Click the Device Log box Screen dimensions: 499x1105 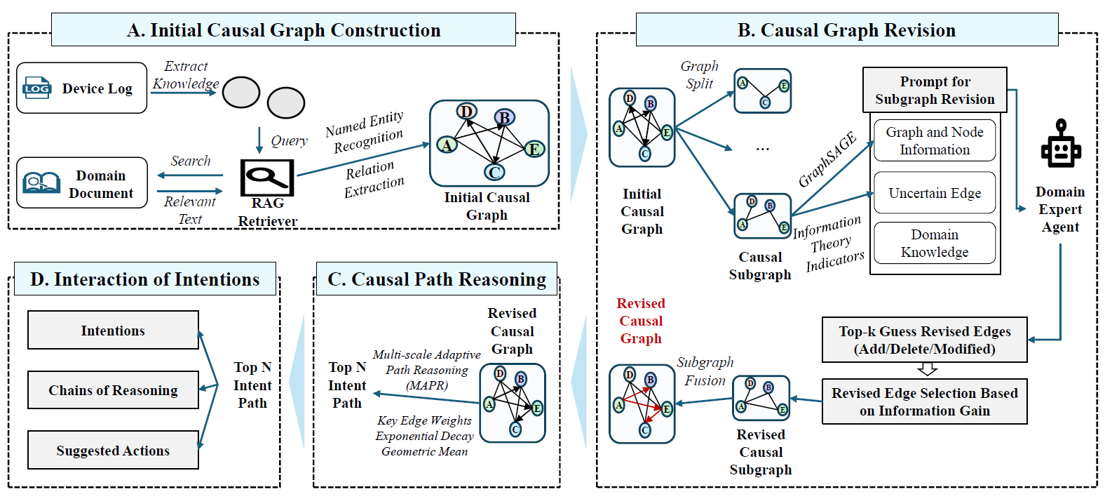tap(81, 88)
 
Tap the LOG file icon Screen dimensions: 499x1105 tap(36, 88)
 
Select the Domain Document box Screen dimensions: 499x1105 tap(81, 182)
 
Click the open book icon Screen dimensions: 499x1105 tap(41, 183)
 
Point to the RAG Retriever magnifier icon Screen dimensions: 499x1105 tap(266, 177)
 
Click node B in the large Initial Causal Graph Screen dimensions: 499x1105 tap(504, 118)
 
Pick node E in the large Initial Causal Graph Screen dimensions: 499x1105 tap(534, 149)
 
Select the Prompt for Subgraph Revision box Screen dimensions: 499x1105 tap(935, 90)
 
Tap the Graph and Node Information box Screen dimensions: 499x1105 tap(935, 140)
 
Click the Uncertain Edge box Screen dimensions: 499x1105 tap(935, 193)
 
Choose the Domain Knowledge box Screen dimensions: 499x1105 tap(935, 243)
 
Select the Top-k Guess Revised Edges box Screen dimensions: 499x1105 tap(924, 340)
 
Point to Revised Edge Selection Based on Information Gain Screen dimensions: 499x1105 tap(924, 401)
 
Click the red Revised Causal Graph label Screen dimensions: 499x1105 tap(641, 321)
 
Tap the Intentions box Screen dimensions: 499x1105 tap(113, 330)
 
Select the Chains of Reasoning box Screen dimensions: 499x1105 tap(113, 390)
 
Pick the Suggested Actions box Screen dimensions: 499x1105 tap(113, 450)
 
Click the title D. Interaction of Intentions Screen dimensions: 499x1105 tap(144, 279)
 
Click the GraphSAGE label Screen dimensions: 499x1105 tap(827, 160)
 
